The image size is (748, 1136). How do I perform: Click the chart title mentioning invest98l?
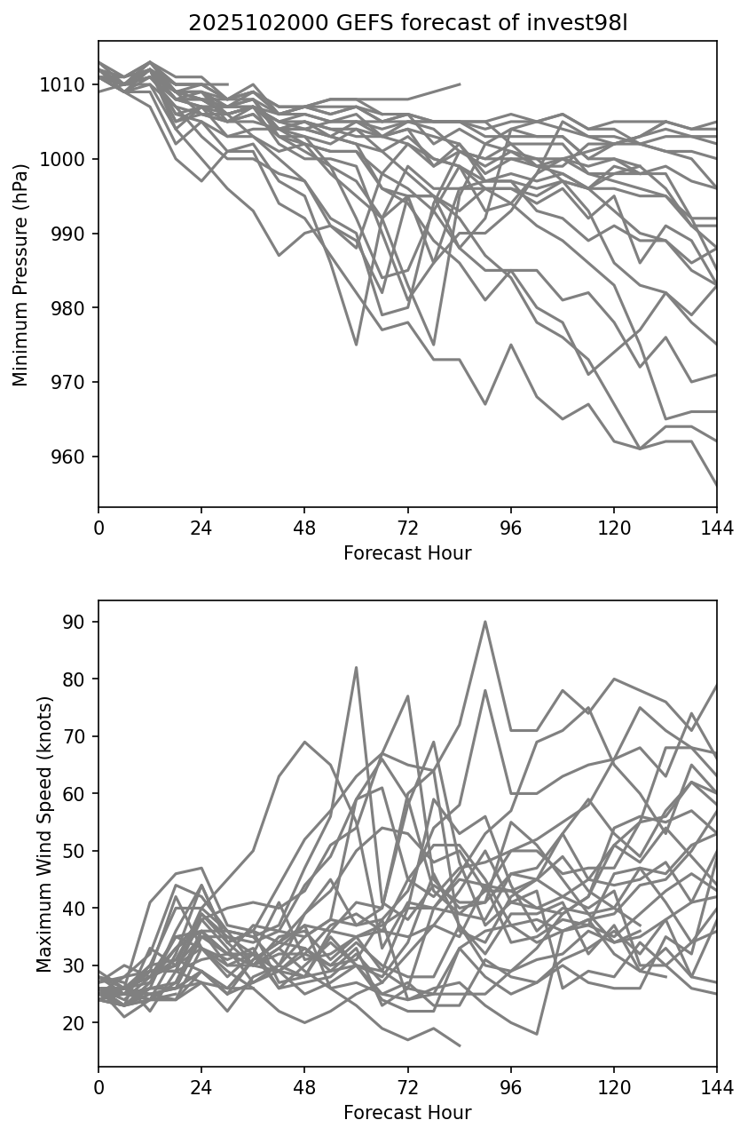coord(407,23)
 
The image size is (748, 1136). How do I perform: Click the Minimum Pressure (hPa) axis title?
coord(20,274)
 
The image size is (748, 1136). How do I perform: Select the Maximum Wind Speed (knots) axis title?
coord(43,834)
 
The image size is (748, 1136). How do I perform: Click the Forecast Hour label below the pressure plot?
coord(407,553)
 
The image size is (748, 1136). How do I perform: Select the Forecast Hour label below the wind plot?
coord(407,1113)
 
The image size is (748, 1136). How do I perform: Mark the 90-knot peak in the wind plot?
coord(484,622)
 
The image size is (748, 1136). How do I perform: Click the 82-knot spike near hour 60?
coord(356,667)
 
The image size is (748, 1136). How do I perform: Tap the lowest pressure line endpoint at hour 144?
coord(716,485)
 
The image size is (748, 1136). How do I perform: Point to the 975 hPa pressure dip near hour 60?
coord(356,345)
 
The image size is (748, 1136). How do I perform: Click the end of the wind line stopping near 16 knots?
coord(460,1045)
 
